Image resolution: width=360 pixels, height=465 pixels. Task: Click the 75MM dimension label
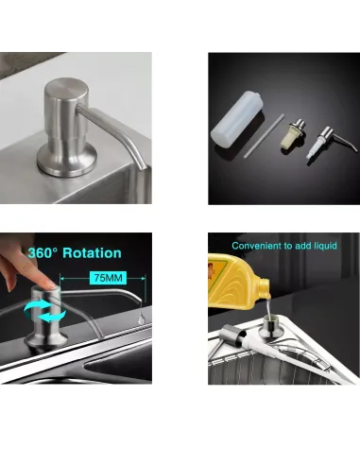pos(108,278)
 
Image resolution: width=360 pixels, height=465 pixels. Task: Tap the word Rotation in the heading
pos(92,253)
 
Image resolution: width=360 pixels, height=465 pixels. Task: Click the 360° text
pos(43,253)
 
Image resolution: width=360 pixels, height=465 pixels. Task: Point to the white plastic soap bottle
pos(237,118)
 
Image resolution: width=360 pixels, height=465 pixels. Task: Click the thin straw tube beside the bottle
pos(264,136)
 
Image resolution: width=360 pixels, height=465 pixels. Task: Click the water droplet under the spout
pos(141,319)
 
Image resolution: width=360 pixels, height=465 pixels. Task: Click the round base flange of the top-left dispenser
pos(67,161)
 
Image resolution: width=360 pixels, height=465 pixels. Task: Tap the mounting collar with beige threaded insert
pos(293,133)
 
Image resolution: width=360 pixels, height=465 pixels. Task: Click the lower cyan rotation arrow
pos(53,316)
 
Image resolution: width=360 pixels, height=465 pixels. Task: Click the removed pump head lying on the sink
pos(231,336)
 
